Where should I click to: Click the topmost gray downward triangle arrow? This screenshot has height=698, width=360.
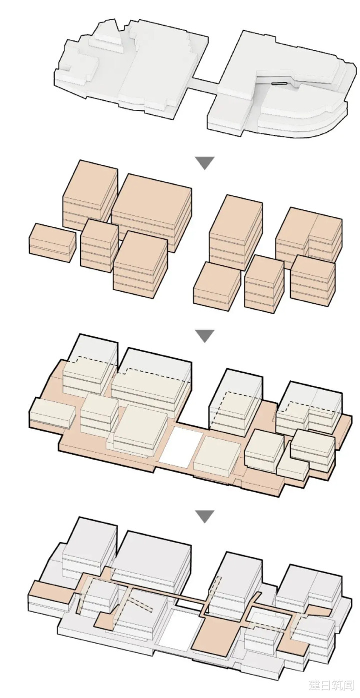[x=204, y=163]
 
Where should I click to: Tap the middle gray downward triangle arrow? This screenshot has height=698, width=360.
[x=204, y=336]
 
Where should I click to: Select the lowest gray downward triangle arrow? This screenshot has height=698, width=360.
[x=204, y=516]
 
